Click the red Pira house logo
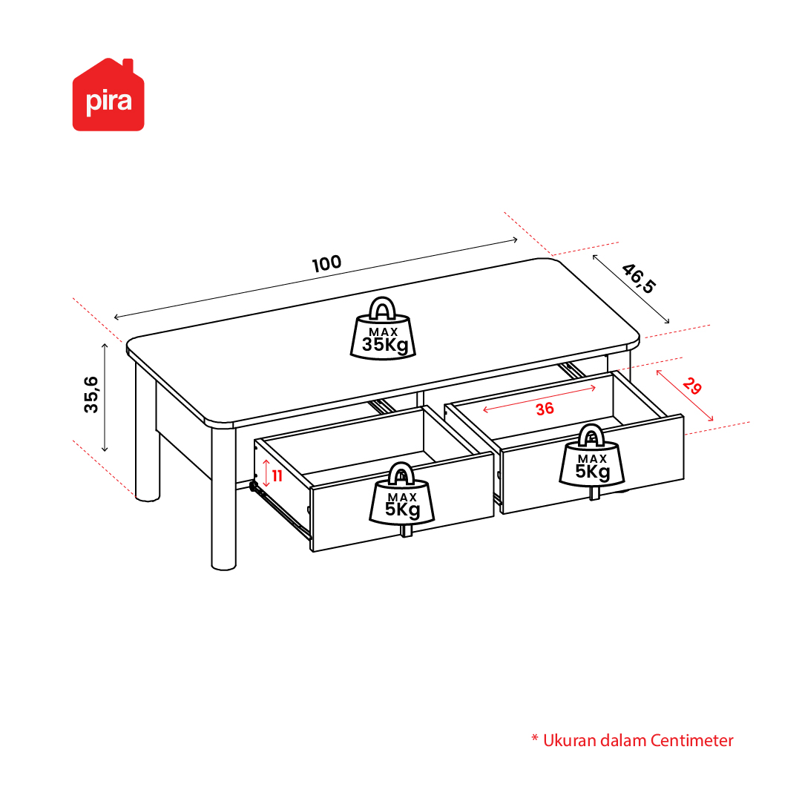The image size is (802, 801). [108, 95]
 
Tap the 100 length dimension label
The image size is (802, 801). [327, 263]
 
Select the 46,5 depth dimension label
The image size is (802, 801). [638, 279]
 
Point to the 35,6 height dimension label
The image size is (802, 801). [91, 394]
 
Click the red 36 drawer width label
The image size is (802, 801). [545, 409]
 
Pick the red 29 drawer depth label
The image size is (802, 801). [692, 386]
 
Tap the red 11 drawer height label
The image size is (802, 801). [277, 476]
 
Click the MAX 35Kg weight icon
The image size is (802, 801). [383, 329]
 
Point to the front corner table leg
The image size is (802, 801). [223, 498]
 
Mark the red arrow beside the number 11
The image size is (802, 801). [266, 473]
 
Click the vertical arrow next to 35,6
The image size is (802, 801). [105, 398]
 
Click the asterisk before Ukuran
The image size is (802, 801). [535, 738]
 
